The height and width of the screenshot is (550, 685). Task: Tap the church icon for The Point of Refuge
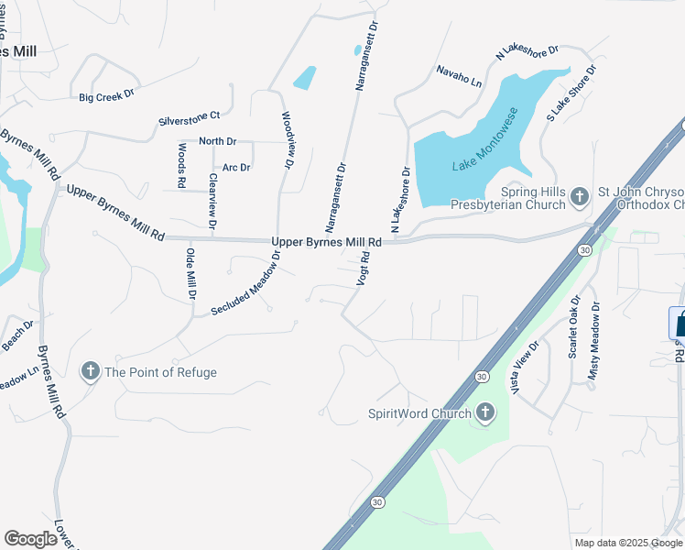point(90,371)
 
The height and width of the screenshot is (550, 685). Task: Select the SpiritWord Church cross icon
point(484,413)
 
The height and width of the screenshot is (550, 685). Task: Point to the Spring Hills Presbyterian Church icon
point(579,196)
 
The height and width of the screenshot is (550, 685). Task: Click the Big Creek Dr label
point(106,94)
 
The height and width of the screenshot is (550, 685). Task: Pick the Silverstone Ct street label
point(190,116)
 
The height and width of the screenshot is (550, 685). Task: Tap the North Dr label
point(217,141)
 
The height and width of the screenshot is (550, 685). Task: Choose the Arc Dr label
point(236,168)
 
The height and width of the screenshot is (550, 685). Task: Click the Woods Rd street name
point(182,166)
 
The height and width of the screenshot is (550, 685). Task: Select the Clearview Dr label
point(212,200)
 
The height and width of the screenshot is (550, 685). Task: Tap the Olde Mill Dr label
point(191,274)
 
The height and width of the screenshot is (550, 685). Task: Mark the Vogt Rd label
point(363,269)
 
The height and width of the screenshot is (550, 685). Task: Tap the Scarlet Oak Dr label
point(574,327)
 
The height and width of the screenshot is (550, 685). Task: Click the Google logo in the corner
point(31,539)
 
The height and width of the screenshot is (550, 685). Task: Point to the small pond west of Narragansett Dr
point(305,78)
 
